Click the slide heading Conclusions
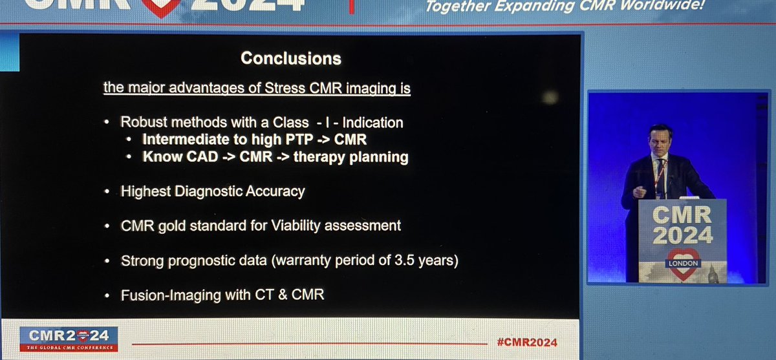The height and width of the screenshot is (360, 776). point(290,58)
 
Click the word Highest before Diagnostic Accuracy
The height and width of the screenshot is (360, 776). point(142,192)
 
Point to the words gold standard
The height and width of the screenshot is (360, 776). point(184,226)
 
